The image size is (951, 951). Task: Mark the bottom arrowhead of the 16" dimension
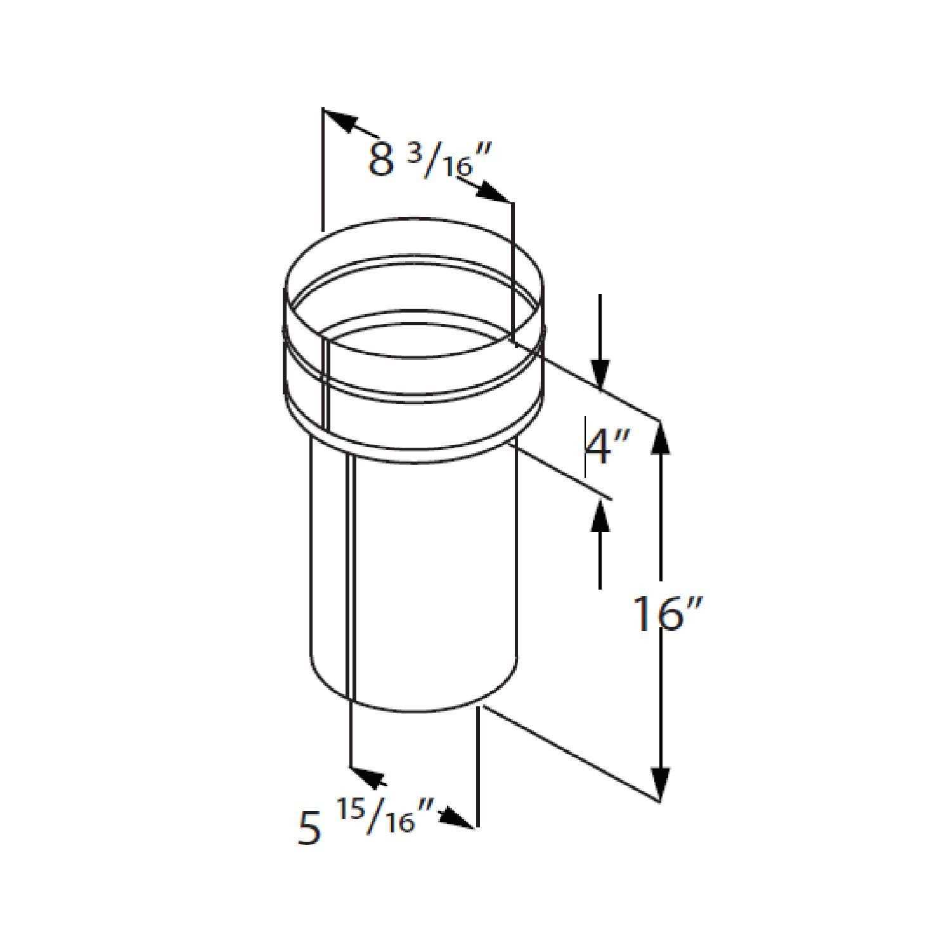pos(661,783)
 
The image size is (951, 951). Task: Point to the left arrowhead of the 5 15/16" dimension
pos(366,775)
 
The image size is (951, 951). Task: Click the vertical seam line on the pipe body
pos(351,571)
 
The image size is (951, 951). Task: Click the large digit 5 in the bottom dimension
pos(309,828)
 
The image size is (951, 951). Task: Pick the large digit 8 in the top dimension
pos(382,160)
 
